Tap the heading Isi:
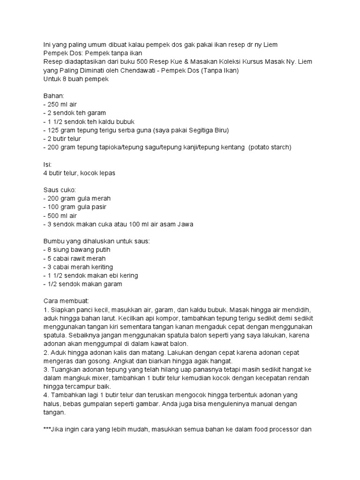(x=47, y=164)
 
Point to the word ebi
(x=110, y=275)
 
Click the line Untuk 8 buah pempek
(x=76, y=79)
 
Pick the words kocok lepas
(x=97, y=172)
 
